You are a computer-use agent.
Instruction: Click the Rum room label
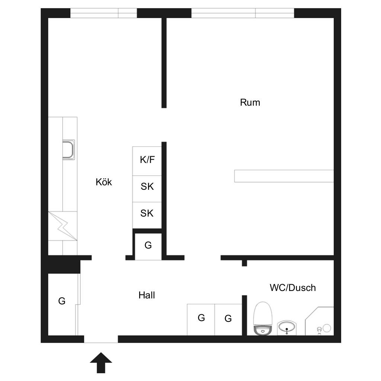point(250,103)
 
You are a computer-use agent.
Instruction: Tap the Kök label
point(104,182)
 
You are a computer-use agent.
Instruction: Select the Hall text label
point(147,295)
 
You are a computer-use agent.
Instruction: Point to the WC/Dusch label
point(293,288)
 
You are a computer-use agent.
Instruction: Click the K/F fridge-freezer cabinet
point(147,161)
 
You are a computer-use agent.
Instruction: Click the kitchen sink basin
point(68,150)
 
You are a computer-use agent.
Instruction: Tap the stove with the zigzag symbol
point(63,226)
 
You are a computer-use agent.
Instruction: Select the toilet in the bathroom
point(263,318)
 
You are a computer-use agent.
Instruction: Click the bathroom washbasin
point(287,327)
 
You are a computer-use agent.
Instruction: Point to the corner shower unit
point(320,321)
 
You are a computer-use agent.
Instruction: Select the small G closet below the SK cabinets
point(148,246)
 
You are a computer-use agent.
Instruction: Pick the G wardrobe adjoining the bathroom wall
point(228,320)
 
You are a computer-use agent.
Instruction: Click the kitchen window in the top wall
point(104,13)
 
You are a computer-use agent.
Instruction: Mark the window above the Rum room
point(243,13)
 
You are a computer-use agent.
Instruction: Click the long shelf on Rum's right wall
point(284,176)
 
